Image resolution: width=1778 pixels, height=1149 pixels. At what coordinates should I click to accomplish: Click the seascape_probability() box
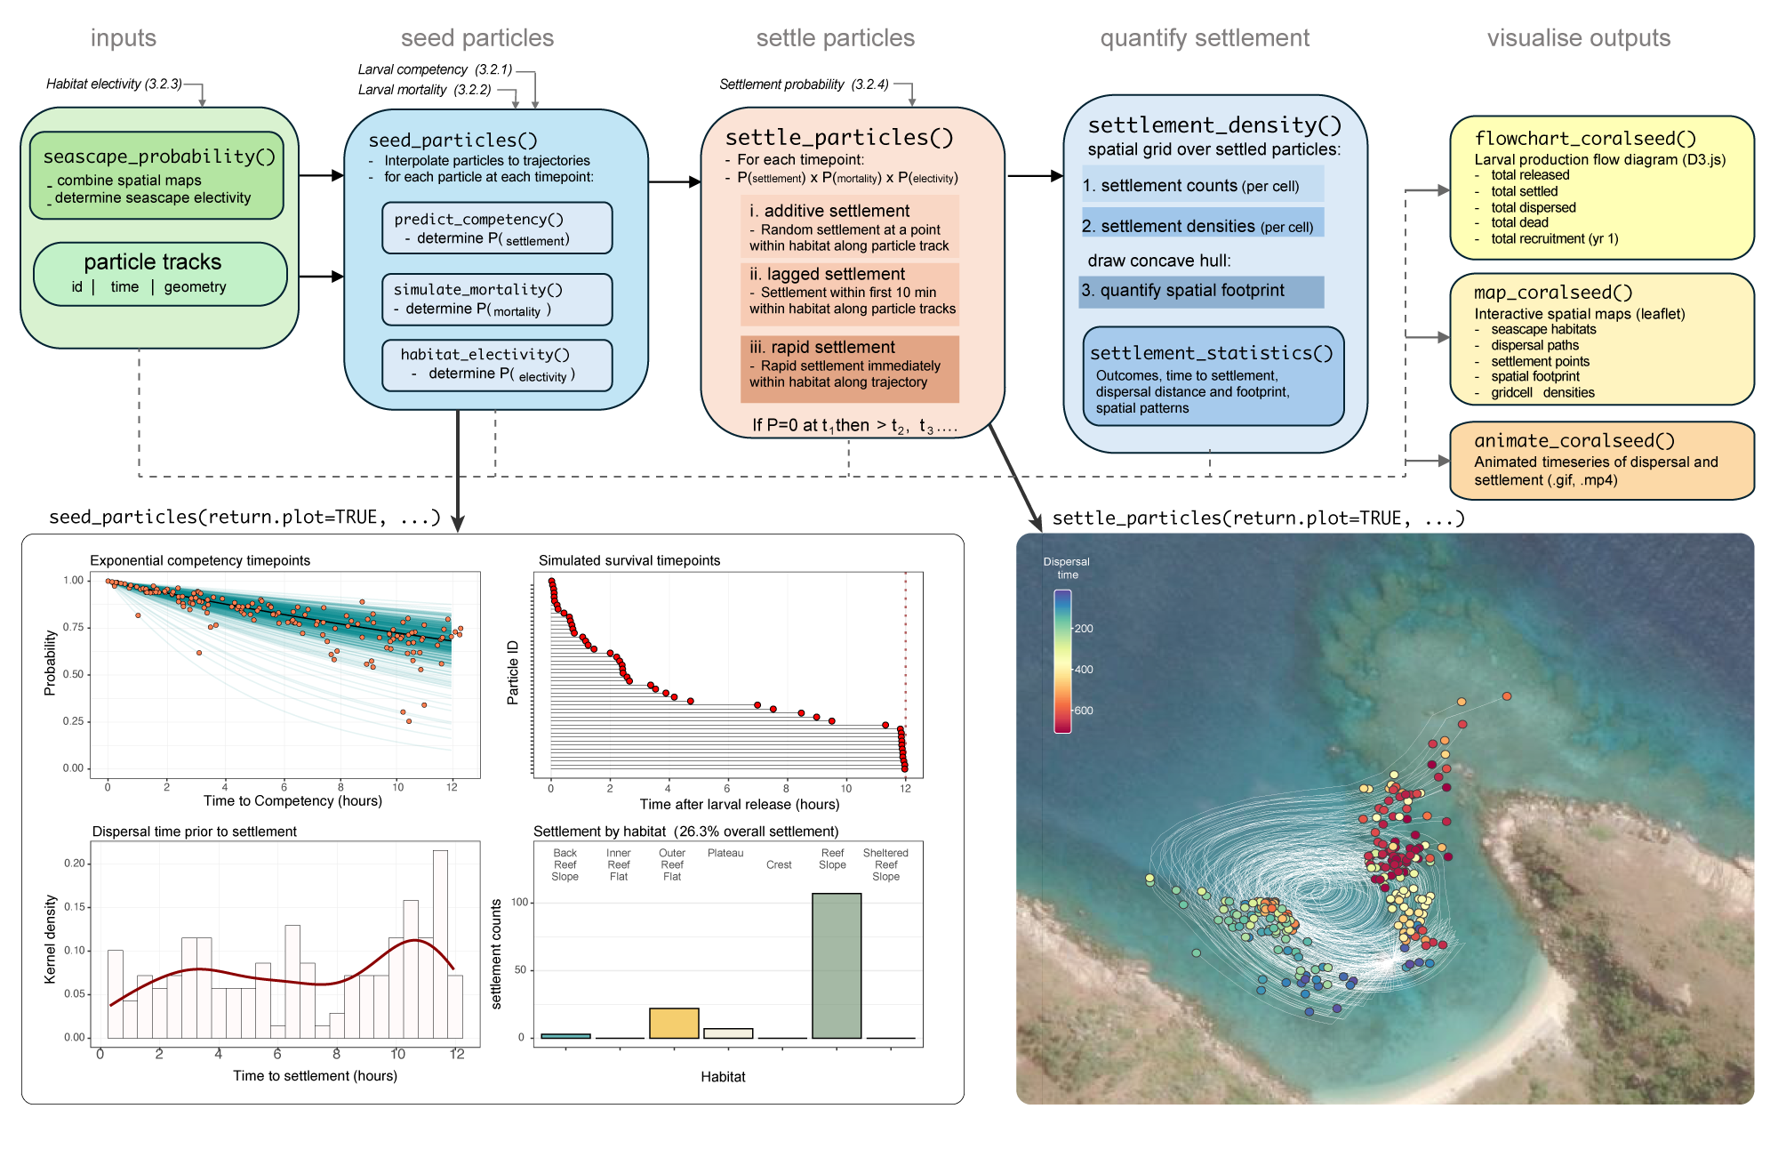(156, 175)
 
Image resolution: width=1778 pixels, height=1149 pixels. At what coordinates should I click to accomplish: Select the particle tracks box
(160, 274)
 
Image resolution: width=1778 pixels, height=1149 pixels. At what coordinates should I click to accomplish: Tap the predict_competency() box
(497, 229)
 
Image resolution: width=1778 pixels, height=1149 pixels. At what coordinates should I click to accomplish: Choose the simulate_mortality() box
(497, 299)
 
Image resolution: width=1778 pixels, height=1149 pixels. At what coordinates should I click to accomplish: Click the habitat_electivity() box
(497, 365)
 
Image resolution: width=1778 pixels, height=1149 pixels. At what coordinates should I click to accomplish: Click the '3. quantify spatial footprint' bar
(1201, 291)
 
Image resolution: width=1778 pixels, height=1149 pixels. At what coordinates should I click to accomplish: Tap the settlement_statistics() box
(1213, 376)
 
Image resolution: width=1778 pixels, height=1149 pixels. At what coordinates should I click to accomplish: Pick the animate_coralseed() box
(1601, 461)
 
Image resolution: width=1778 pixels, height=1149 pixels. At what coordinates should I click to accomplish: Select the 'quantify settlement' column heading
(1205, 38)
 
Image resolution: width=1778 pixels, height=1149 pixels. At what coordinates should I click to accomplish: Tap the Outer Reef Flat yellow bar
(674, 1023)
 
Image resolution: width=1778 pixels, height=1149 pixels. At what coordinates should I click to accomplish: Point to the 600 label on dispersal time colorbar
(1083, 711)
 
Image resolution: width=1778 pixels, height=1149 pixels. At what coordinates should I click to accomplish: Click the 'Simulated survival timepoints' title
(629, 560)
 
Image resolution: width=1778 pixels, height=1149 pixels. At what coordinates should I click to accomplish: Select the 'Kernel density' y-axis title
(51, 939)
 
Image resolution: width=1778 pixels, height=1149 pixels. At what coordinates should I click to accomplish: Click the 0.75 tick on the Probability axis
(73, 627)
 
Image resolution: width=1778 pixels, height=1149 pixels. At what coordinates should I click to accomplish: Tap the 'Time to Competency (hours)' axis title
(292, 800)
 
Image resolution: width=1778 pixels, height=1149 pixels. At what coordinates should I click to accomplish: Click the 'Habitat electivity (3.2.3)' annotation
(114, 84)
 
